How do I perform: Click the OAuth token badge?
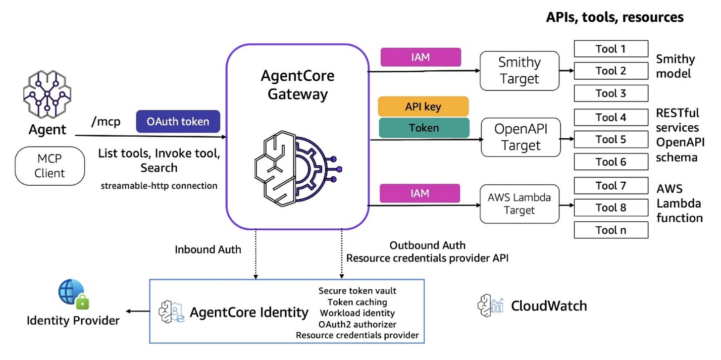pos(178,121)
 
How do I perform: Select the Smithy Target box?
pos(519,70)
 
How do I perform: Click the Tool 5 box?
pos(611,140)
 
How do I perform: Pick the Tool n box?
pos(611,230)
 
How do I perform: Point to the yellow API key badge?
pos(423,106)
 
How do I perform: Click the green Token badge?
pos(424,128)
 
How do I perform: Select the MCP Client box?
pos(50,166)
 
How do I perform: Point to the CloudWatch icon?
pos(490,306)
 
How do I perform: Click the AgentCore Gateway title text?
pos(298,85)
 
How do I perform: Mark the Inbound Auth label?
pos(208,250)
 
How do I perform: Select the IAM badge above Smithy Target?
pos(420,57)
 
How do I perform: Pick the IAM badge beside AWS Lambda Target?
pos(420,193)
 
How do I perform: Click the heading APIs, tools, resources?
pos(615,17)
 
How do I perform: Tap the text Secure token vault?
pos(358,291)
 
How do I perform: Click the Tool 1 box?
pos(611,49)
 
